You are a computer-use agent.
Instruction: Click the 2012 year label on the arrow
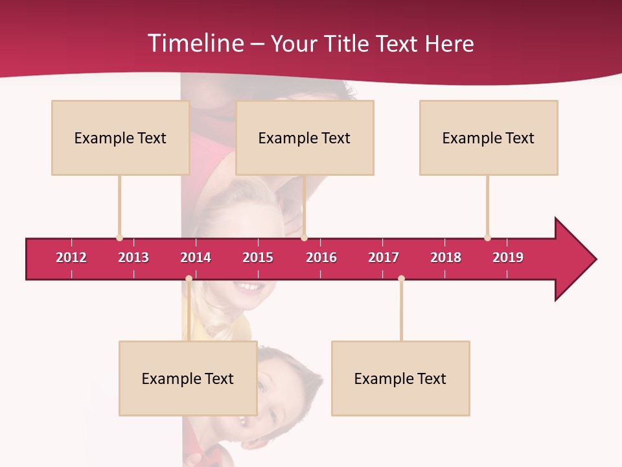71,257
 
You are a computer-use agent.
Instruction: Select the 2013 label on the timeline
133,257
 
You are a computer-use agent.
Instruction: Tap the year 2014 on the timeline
196,257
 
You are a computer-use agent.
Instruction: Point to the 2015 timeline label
258,257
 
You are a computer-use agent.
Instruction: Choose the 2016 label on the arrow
321,257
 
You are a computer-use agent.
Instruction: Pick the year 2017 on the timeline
384,257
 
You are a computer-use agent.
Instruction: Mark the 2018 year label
446,257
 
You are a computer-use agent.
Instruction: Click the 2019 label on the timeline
508,257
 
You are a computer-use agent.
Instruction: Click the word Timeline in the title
194,43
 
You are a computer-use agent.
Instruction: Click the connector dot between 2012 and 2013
119,237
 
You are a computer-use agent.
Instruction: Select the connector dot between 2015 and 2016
304,237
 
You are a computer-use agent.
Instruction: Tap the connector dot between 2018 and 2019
487,237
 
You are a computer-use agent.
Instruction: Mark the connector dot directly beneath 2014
189,278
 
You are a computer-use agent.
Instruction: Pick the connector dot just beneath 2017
401,278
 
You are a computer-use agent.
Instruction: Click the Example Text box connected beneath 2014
188,379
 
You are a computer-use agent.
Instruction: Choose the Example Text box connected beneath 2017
400,379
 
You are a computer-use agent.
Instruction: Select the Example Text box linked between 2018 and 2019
489,138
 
